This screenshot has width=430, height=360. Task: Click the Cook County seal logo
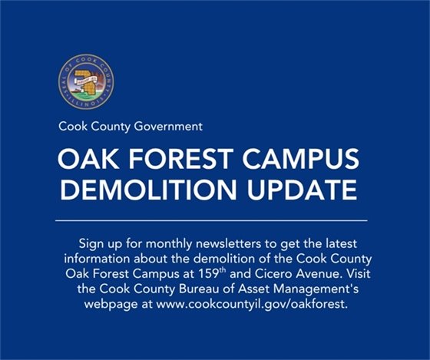click(85, 82)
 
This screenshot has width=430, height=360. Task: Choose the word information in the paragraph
click(98, 257)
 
